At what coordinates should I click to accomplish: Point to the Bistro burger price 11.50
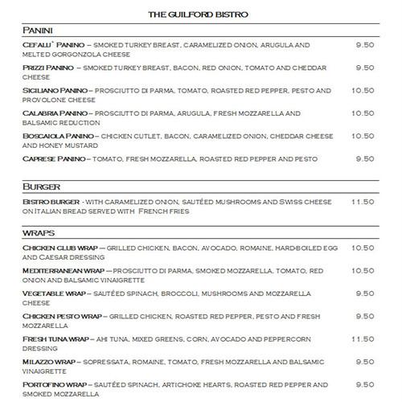tap(363, 201)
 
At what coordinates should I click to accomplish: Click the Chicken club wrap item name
tap(59, 248)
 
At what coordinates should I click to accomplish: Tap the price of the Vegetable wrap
tap(365, 293)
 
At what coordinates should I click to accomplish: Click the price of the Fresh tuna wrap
tap(363, 339)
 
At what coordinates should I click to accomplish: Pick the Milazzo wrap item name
tap(50, 363)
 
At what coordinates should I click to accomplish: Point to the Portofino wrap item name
tap(54, 385)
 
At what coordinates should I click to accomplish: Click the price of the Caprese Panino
tap(365, 159)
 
